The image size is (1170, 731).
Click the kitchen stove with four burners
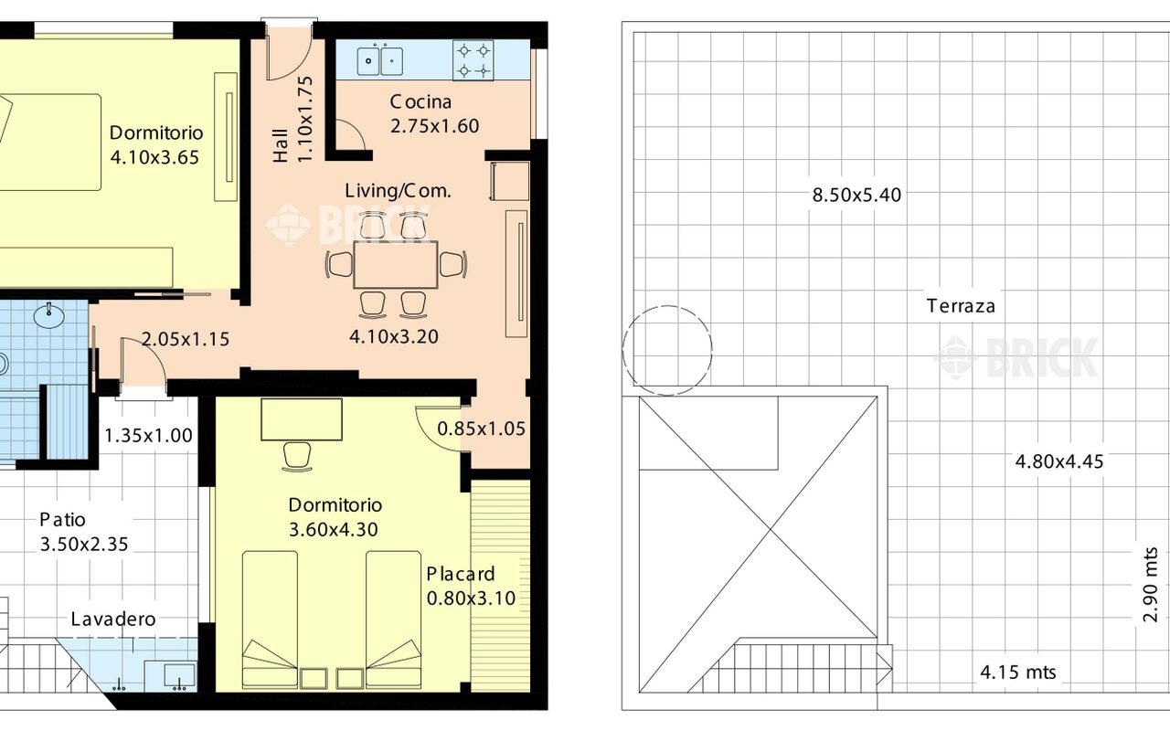point(473,60)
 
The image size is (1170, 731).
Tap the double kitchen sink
point(380,60)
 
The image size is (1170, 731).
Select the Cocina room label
point(420,101)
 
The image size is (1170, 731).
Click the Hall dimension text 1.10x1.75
point(304,119)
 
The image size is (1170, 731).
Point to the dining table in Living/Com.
point(396,264)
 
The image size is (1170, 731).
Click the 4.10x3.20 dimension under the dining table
point(394,337)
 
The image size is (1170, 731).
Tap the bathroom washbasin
point(48,315)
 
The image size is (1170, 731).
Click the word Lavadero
point(113,620)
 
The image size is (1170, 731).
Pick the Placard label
point(461,575)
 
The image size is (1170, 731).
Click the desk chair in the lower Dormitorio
point(297,457)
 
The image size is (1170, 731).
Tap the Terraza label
point(961,306)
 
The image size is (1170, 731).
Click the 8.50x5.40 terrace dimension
point(856,196)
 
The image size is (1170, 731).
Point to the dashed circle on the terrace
point(667,305)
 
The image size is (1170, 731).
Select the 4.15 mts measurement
point(1018,672)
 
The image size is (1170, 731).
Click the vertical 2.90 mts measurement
point(1151,585)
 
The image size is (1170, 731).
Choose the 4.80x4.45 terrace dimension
point(1059,461)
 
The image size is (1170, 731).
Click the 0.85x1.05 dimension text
point(481,429)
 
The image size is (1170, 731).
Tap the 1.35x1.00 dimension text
point(148,436)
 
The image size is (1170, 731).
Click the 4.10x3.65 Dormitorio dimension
point(154,157)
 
